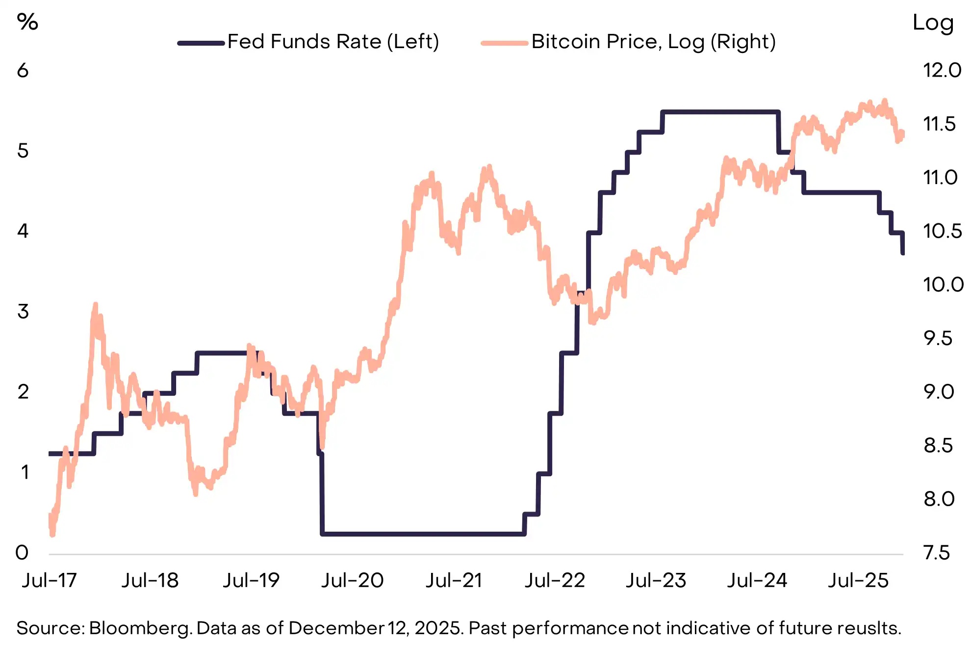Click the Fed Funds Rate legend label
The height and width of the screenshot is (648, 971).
point(333,42)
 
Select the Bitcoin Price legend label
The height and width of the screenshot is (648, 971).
point(653,42)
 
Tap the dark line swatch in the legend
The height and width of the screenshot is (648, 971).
point(201,43)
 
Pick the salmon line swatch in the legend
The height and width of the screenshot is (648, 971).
point(505,43)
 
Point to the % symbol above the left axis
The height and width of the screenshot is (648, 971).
point(27,22)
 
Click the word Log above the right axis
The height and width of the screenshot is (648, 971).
point(933,23)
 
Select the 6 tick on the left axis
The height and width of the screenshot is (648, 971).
point(23,71)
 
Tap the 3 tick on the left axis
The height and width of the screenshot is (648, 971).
point(23,312)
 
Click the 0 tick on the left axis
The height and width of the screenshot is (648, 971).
point(22,553)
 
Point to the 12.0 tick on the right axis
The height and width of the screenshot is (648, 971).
point(942,71)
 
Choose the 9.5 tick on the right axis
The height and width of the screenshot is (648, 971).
point(938,338)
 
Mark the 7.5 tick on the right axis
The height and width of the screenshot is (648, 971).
point(937,553)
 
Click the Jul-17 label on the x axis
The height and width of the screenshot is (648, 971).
point(49,581)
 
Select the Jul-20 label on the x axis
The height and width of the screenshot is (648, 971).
point(352,581)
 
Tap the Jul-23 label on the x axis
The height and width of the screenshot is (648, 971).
point(655,581)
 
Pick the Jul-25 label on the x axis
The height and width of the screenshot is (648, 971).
point(858,581)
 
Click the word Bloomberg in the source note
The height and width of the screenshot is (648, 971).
point(140,628)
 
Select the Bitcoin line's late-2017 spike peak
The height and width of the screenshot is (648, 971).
point(95,305)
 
